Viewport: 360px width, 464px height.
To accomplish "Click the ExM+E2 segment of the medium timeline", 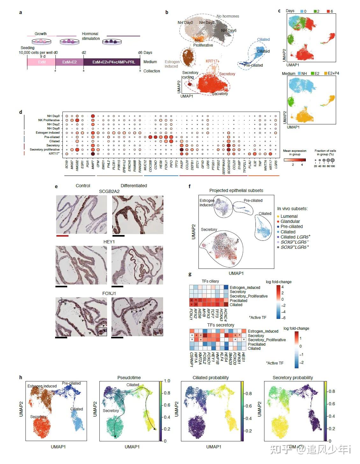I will [x=69, y=62].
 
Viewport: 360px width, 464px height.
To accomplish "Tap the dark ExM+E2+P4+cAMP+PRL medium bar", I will [x=112, y=62].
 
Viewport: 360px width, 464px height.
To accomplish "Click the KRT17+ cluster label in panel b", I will [x=212, y=61].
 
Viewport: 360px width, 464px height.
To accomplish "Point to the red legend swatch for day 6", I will [x=328, y=11].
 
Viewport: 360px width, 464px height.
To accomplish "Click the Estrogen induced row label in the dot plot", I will [x=47, y=133].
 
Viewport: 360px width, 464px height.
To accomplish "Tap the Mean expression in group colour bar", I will [x=294, y=160].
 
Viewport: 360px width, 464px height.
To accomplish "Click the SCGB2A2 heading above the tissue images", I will [x=109, y=191].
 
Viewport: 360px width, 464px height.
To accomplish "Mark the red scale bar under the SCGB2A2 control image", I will [x=62, y=236].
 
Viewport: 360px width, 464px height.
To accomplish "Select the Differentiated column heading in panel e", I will [x=134, y=186].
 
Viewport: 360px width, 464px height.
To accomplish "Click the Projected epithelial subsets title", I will [x=236, y=190].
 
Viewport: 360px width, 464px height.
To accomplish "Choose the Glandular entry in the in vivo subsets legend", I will [x=290, y=221].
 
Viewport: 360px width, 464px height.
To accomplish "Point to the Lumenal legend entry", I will [x=289, y=216].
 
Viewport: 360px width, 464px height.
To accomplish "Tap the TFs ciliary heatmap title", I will [x=210, y=281].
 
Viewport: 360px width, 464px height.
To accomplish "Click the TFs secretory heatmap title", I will [x=221, y=325].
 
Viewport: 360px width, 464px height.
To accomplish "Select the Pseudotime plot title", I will [x=129, y=378].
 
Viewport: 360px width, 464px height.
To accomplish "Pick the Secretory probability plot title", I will [x=292, y=378].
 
